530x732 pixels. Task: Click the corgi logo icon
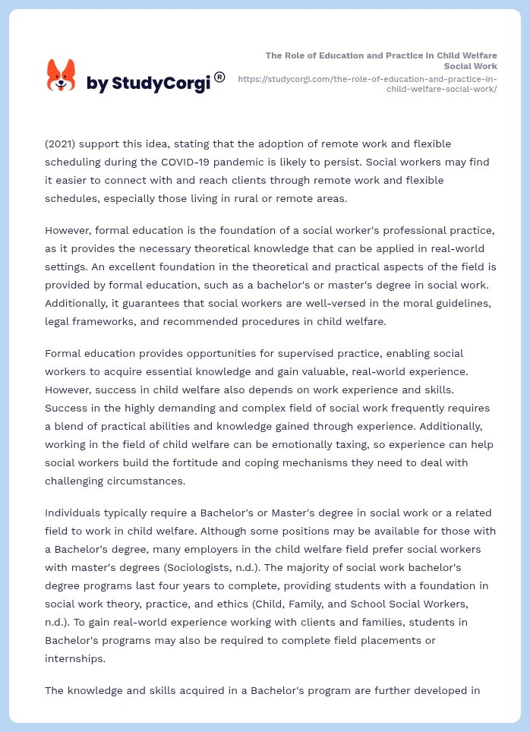(62, 77)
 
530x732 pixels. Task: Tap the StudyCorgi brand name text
(148, 83)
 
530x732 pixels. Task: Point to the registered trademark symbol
(219, 77)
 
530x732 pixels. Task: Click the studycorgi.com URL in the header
(368, 84)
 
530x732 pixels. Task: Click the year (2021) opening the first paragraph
(61, 144)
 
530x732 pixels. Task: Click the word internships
(75, 658)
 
